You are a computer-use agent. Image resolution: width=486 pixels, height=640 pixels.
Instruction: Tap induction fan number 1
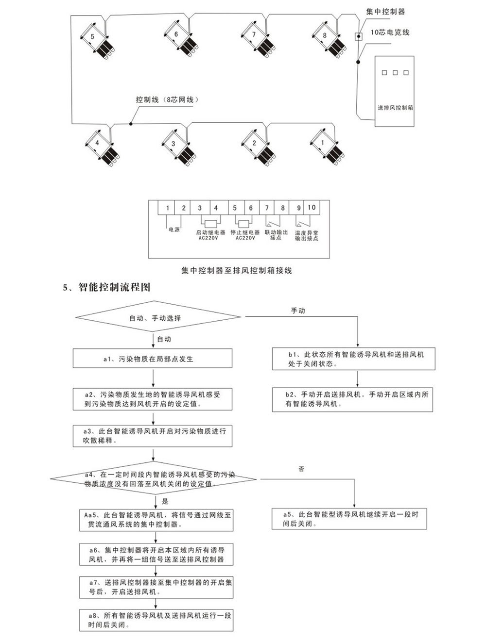point(326,147)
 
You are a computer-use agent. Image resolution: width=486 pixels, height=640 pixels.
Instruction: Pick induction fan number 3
point(178,148)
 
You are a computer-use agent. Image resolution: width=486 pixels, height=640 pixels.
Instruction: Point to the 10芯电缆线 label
point(390,32)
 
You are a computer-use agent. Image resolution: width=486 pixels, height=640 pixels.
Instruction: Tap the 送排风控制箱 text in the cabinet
point(395,107)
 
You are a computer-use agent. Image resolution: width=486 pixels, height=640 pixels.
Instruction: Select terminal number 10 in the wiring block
point(312,208)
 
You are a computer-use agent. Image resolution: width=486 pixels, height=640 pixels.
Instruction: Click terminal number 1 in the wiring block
point(168,208)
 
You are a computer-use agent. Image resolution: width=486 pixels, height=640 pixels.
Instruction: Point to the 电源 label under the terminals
point(174,230)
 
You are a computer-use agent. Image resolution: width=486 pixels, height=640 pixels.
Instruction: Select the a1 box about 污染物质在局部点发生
point(153,359)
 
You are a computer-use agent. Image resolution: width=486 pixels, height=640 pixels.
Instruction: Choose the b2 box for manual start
point(353,399)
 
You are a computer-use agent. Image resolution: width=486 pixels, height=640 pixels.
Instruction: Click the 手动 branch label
point(298,311)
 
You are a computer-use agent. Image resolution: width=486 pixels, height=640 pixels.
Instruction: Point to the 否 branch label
point(301,469)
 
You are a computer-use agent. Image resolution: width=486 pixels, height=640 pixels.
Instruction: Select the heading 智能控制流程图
point(115,287)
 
